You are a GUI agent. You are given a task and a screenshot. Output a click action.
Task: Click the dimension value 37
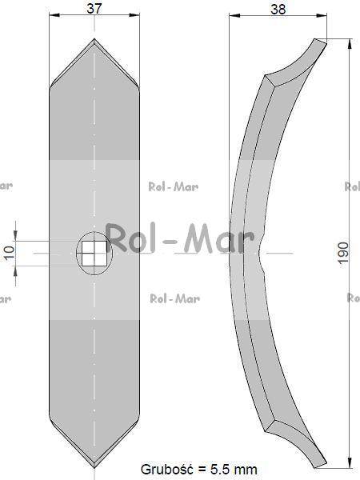tap(94, 8)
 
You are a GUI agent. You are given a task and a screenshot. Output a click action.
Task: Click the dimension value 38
tap(278, 9)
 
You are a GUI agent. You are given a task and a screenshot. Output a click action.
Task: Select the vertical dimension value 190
tap(343, 253)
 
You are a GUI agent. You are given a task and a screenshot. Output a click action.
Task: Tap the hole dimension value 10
tap(10, 252)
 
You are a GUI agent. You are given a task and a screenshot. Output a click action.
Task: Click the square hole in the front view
tap(94, 253)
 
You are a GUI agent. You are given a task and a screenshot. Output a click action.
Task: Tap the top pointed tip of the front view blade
tap(94, 39)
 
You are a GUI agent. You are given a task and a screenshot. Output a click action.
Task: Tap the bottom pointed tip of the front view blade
tap(94, 468)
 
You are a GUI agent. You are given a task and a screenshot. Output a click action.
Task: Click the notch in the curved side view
tap(260, 253)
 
